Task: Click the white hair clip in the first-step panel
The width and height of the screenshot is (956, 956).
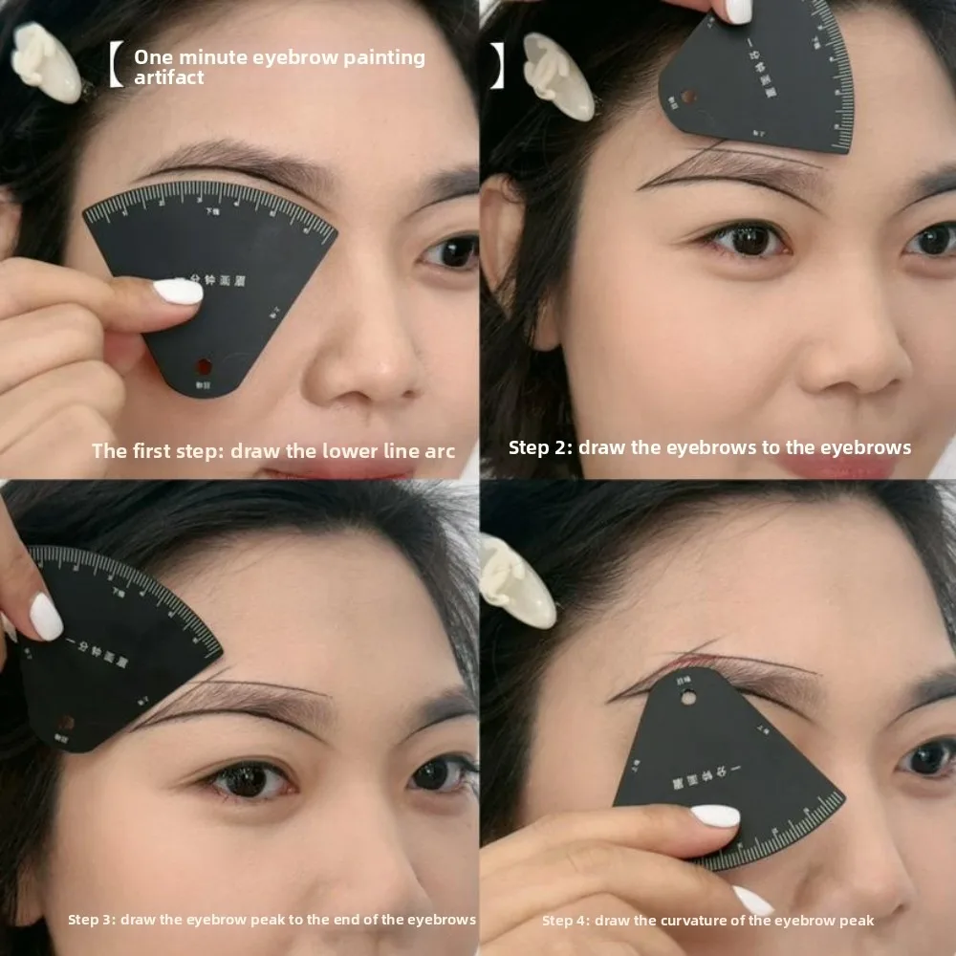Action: pos(46,62)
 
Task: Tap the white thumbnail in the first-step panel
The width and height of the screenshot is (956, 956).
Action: pos(179,292)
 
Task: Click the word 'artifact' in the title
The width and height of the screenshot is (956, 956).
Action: pos(168,77)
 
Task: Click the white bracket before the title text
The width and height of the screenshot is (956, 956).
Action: pos(116,66)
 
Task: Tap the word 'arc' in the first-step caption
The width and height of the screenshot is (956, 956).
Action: pos(439,450)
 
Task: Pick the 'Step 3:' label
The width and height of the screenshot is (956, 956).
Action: pos(91,920)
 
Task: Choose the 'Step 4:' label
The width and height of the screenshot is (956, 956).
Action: pos(566,921)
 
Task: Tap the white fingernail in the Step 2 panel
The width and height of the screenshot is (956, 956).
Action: pos(738,10)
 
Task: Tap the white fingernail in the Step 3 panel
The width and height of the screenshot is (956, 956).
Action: pos(45,617)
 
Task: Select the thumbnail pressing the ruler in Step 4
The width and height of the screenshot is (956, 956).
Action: pos(715,816)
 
